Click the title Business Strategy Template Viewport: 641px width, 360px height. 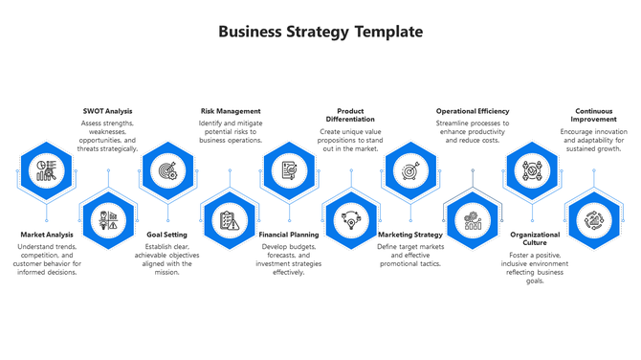(320, 32)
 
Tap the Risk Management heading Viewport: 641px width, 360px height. (230, 111)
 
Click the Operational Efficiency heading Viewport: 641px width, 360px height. (472, 111)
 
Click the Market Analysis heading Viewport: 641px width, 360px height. (47, 234)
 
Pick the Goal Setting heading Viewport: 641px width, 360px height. (167, 234)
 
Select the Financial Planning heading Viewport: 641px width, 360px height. (289, 234)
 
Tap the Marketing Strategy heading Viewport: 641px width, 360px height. (409, 234)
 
